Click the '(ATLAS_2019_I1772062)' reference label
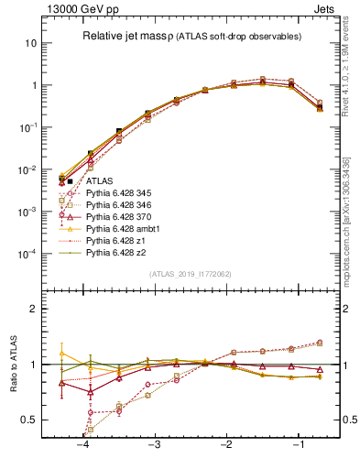191,274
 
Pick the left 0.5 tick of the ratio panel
32,420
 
